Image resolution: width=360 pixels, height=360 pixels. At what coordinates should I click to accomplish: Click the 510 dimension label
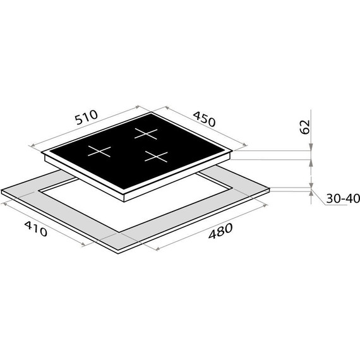point(87,117)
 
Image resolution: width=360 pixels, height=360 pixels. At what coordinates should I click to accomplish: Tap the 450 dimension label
point(204,119)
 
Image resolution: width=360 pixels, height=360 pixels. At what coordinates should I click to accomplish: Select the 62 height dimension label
point(305,127)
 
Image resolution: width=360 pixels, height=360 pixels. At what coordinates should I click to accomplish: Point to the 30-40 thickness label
point(343,198)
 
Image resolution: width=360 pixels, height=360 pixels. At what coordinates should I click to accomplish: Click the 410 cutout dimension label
point(36,229)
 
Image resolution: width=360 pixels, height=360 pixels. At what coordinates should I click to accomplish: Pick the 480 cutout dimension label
point(220,231)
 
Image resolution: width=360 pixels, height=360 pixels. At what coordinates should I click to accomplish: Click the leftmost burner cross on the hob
point(99,152)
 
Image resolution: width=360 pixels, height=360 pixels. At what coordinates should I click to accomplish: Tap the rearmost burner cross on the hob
point(146,134)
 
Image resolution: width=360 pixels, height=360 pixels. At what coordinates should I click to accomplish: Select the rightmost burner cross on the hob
point(156,157)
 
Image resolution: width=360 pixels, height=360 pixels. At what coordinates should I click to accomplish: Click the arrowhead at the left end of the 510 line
point(32,145)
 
